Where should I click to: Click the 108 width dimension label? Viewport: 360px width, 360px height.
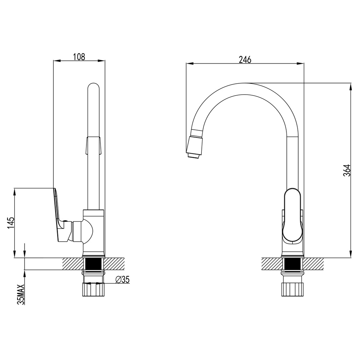(79, 56)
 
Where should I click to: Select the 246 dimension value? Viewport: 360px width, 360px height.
(245, 59)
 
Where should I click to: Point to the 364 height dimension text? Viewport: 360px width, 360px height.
(347, 170)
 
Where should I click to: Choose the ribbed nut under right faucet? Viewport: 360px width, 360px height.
(292, 289)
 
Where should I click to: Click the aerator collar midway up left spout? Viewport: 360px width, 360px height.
(94, 145)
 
